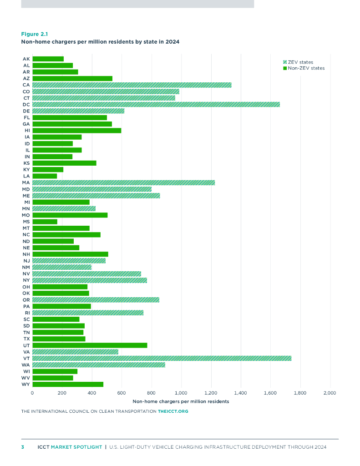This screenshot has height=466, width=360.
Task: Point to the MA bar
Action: click(123, 182)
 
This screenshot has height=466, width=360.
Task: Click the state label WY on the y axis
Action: click(26, 385)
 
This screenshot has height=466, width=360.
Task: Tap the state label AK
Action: click(26, 59)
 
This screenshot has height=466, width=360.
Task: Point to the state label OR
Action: click(26, 300)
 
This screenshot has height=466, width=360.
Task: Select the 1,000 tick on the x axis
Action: click(181, 392)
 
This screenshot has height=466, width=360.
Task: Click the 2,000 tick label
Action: click(330, 392)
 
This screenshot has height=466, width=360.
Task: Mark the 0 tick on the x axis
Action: click(32, 392)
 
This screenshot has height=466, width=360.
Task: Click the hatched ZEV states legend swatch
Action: click(284, 62)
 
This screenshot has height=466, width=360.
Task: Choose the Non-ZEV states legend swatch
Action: click(284, 68)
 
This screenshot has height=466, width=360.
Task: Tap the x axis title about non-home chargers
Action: click(181, 401)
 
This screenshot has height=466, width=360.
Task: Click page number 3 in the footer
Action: click(23, 447)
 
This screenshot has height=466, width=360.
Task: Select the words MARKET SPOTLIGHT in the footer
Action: click(76, 447)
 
